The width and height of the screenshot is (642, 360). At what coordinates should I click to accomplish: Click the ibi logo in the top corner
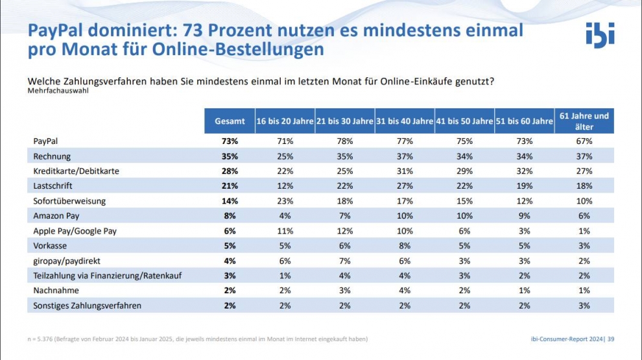point(599,35)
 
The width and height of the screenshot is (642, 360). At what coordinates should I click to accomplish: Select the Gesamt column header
point(230,121)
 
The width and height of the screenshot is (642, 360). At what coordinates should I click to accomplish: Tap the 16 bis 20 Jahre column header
point(284,121)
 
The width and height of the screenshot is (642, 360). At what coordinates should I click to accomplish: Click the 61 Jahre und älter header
point(584,121)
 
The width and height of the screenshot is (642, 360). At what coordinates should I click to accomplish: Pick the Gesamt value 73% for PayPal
point(230,141)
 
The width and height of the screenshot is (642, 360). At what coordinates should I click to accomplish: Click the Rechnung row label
point(52,156)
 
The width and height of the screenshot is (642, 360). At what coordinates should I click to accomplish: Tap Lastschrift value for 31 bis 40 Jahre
point(404,186)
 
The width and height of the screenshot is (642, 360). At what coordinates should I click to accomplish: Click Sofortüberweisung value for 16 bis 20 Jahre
point(284,201)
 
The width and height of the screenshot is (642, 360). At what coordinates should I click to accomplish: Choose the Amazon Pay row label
point(56,216)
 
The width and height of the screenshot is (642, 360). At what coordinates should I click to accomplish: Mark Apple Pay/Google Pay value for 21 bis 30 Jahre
point(344,231)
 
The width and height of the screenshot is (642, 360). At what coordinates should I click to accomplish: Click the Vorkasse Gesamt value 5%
point(230,246)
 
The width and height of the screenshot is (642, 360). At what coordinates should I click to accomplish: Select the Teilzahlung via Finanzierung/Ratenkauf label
point(107,276)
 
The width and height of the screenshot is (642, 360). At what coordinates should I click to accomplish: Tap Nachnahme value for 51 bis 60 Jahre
point(524,291)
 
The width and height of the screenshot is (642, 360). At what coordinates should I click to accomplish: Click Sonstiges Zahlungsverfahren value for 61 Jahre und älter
point(584,306)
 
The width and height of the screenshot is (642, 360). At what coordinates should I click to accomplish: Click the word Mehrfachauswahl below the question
point(58,91)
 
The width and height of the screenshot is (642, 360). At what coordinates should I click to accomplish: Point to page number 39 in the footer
point(610,339)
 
